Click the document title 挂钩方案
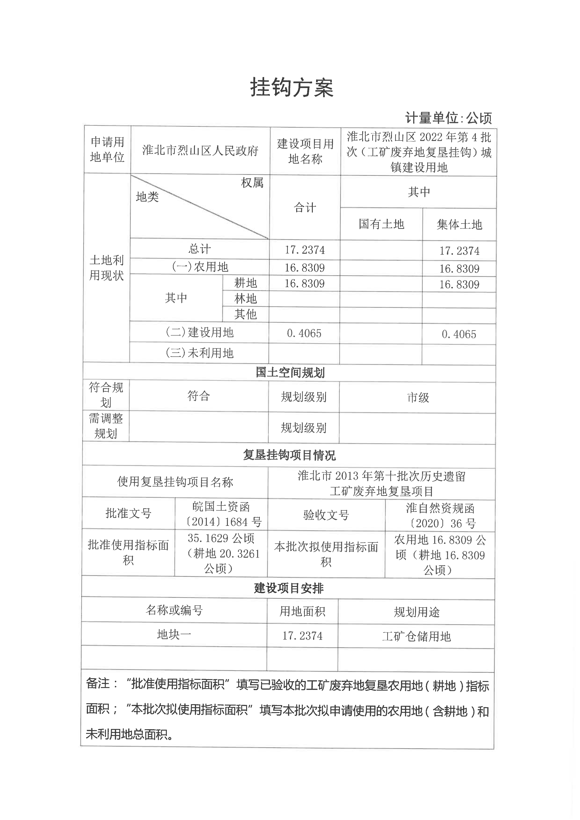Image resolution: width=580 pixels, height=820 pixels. click(292, 88)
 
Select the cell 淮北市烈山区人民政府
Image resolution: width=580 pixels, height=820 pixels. click(200, 151)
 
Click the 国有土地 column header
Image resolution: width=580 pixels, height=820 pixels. click(381, 224)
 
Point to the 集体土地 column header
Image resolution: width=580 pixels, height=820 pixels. click(459, 225)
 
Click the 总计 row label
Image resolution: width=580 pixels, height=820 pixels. click(199, 249)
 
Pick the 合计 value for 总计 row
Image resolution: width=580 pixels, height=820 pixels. click(305, 250)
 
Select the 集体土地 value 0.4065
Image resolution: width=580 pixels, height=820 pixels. click(459, 334)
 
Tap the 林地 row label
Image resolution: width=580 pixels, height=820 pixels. click(245, 299)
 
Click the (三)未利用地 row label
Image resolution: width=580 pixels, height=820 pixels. click(199, 353)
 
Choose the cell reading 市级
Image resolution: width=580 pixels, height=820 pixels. click(418, 398)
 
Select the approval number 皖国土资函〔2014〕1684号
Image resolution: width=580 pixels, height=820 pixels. click(221, 514)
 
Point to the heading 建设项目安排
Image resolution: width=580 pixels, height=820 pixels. click(288, 588)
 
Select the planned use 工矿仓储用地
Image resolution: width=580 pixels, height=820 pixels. click(416, 636)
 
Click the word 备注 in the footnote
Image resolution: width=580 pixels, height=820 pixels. click(98, 684)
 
